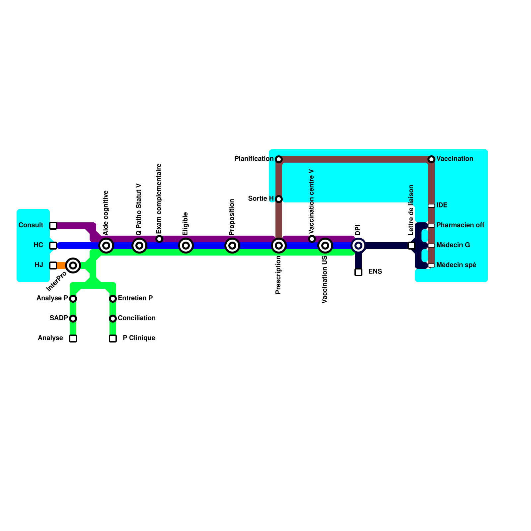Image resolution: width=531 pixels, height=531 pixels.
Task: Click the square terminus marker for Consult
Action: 53,226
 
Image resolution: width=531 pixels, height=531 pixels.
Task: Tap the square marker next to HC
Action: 53,246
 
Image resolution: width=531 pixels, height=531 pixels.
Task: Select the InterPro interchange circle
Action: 73,265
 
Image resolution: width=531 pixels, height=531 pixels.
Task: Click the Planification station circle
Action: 279,159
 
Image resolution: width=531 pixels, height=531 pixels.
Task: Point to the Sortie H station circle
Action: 279,199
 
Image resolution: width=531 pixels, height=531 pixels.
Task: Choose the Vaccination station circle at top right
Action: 431,159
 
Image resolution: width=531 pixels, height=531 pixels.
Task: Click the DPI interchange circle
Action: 358,246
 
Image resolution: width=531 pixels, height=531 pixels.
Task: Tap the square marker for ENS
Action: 358,272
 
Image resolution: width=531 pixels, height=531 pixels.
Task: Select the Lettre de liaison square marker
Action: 412,246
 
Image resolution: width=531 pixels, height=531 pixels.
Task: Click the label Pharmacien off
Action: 460,225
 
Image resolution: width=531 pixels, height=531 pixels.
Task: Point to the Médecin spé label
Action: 456,265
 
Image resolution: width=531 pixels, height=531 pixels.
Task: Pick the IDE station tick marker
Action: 431,206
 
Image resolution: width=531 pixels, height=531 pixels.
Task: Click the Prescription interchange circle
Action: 279,246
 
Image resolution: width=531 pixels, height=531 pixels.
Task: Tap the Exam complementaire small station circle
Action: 159,239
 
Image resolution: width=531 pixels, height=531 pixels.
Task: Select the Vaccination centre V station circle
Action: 312,239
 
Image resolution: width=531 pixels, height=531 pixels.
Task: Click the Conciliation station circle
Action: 113,319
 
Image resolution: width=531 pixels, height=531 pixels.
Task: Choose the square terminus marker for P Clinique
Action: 113,339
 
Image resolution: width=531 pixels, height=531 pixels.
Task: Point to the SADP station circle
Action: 73,319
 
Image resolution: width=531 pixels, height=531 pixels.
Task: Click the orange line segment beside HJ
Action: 61,265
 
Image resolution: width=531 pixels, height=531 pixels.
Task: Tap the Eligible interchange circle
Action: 186,246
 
